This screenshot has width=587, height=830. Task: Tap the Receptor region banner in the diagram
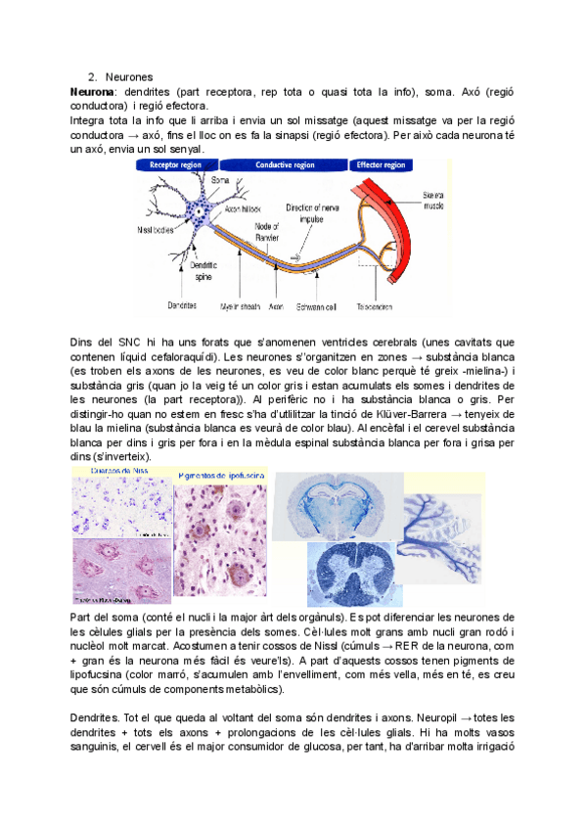[x=175, y=165]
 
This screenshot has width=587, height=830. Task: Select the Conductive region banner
[x=288, y=165]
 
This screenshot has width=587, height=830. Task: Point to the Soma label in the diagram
[x=220, y=181]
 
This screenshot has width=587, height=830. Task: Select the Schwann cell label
[x=318, y=306]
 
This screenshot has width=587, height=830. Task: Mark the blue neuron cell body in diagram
[x=201, y=209]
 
